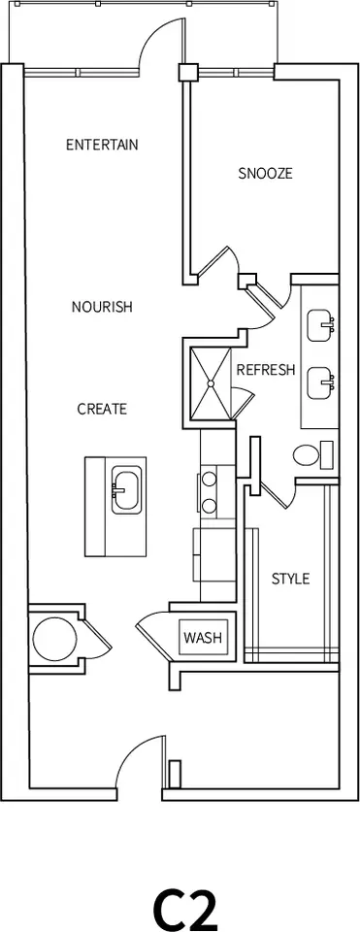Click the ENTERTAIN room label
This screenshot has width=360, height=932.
(102, 145)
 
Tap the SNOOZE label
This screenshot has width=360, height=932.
(266, 174)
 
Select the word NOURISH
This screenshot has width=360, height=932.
(102, 307)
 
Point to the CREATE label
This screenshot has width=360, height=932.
(102, 409)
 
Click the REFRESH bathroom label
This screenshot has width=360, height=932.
(266, 370)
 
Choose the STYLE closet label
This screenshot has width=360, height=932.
(290, 579)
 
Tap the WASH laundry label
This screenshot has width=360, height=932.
(203, 639)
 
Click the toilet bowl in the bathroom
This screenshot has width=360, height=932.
(306, 456)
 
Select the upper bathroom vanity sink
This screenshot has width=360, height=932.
(321, 325)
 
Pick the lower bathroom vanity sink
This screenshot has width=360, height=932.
(321, 383)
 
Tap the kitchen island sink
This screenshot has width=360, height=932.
(126, 489)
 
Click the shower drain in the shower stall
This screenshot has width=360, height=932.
(211, 383)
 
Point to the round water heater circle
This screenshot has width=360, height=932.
(54, 640)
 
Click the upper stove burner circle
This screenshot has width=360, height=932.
(209, 479)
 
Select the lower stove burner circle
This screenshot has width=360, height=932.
(209, 506)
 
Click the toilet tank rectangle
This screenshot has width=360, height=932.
(327, 454)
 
